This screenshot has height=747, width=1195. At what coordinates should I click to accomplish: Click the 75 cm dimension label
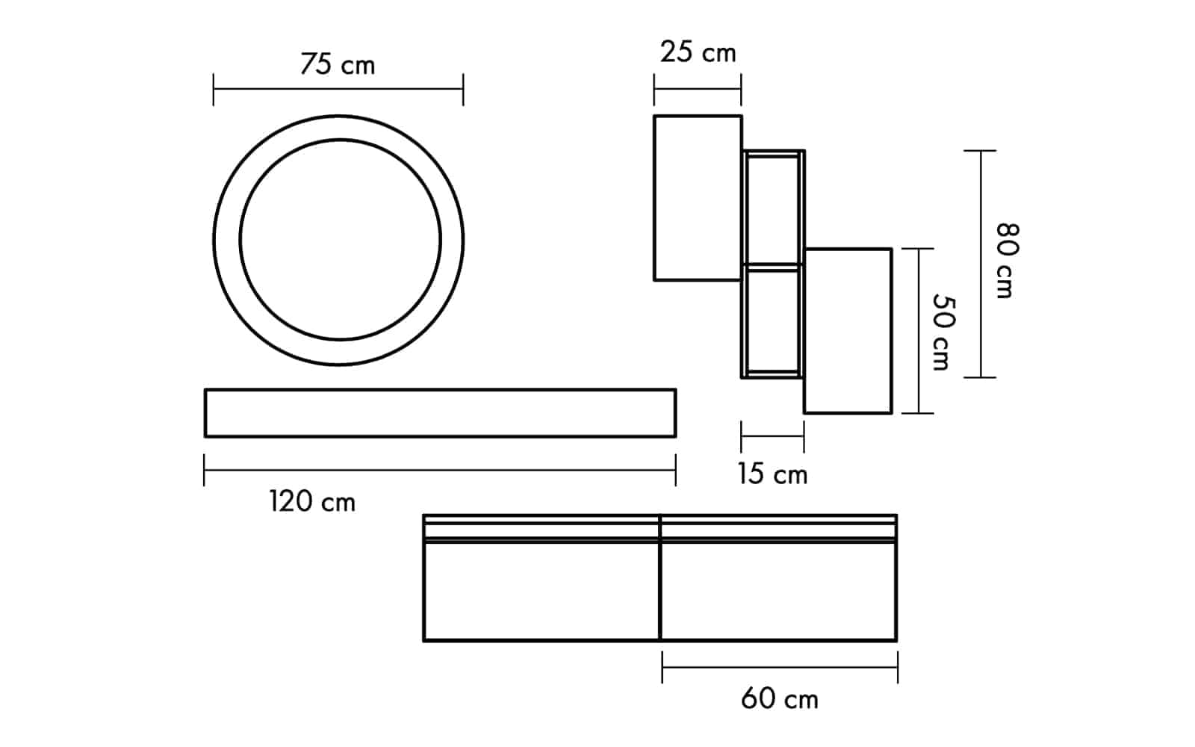point(338,64)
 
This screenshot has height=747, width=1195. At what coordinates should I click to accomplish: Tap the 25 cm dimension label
point(698,52)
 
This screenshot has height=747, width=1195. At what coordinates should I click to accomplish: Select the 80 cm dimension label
point(1008,261)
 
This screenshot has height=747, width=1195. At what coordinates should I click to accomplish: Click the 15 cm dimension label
point(772,474)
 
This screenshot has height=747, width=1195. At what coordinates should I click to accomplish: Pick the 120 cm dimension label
point(312,501)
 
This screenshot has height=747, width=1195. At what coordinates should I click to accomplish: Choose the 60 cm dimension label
point(780,698)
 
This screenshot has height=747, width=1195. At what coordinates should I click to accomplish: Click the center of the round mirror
point(339,240)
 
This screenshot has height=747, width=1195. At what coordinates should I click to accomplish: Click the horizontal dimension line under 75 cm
point(338,89)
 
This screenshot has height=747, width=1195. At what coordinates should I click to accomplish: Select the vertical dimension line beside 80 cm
point(980,264)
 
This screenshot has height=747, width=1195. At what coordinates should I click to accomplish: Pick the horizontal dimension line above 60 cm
point(780,667)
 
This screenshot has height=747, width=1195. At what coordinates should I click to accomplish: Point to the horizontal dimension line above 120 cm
point(440,470)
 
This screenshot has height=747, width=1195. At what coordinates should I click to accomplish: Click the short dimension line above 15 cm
point(772,436)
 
